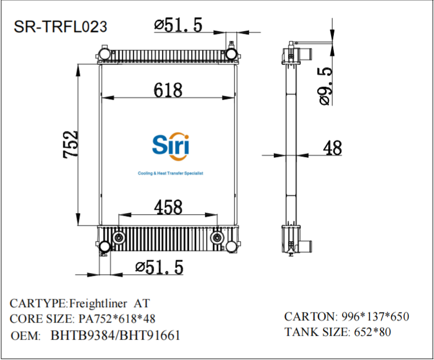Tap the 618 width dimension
pos(168,90)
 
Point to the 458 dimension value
pos(168,207)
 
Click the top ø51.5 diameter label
pos(178,25)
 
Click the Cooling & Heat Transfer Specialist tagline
pos(170,173)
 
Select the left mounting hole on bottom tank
pos(118,237)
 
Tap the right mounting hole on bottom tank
pos(218,237)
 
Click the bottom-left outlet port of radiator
pos(104,247)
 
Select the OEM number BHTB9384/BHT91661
pos(115,335)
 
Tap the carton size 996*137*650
pos(376,317)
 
